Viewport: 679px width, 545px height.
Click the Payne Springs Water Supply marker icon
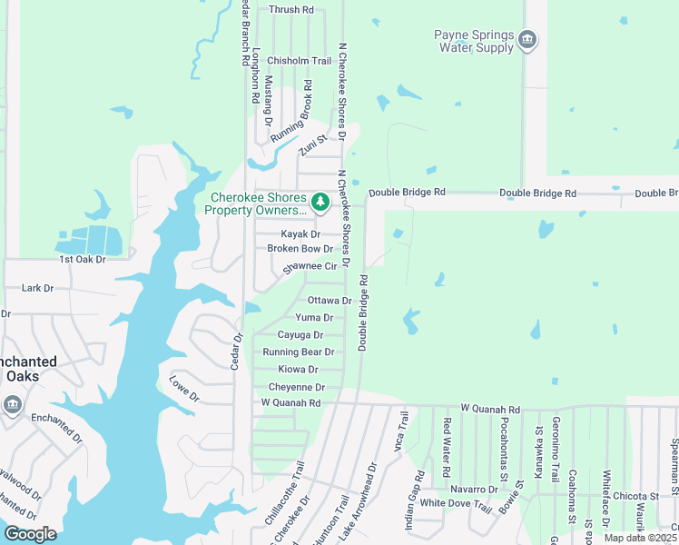click(527, 39)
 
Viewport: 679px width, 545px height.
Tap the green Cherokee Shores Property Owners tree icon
click(320, 202)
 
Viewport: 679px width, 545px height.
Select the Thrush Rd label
click(290, 9)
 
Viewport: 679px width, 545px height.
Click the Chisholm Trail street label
click(299, 61)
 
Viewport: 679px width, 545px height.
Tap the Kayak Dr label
click(300, 233)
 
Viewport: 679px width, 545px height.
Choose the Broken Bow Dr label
click(300, 248)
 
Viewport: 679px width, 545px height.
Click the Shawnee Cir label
click(310, 266)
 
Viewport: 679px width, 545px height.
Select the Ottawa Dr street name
click(330, 300)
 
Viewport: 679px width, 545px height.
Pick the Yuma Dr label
click(314, 317)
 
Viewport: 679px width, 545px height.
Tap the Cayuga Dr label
click(300, 334)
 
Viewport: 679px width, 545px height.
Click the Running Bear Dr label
click(299, 352)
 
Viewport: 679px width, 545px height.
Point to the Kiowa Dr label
click(298, 369)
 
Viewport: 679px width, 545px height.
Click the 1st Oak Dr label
click(83, 259)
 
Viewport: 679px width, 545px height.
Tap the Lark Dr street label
click(37, 288)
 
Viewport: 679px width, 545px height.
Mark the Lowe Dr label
click(184, 388)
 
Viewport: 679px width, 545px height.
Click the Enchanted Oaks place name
click(28, 368)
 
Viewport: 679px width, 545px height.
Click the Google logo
click(30, 533)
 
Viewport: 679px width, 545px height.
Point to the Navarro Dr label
click(474, 489)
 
